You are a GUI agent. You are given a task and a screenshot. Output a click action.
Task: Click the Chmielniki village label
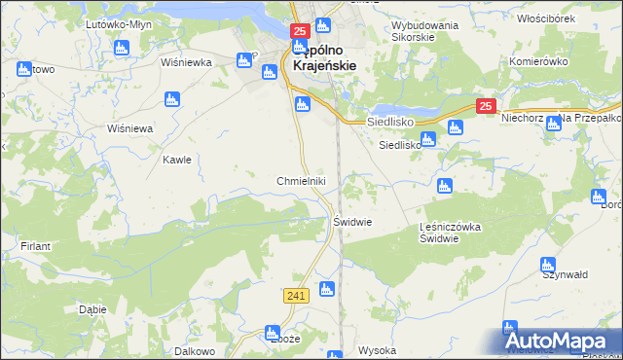[308, 181]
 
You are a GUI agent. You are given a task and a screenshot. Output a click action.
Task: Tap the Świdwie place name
[353, 221]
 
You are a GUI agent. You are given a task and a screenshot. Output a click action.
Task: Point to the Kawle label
[176, 160]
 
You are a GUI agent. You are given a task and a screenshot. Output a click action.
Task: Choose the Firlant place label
[35, 246]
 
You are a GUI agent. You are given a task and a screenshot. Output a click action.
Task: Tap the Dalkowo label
[194, 350]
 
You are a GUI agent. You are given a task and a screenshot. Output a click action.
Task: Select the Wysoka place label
[377, 350]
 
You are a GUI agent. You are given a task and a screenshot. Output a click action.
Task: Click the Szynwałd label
[566, 275]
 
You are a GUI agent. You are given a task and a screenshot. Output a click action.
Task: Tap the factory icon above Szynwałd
[547, 264]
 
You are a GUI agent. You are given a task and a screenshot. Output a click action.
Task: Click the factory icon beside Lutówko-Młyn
[122, 47]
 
